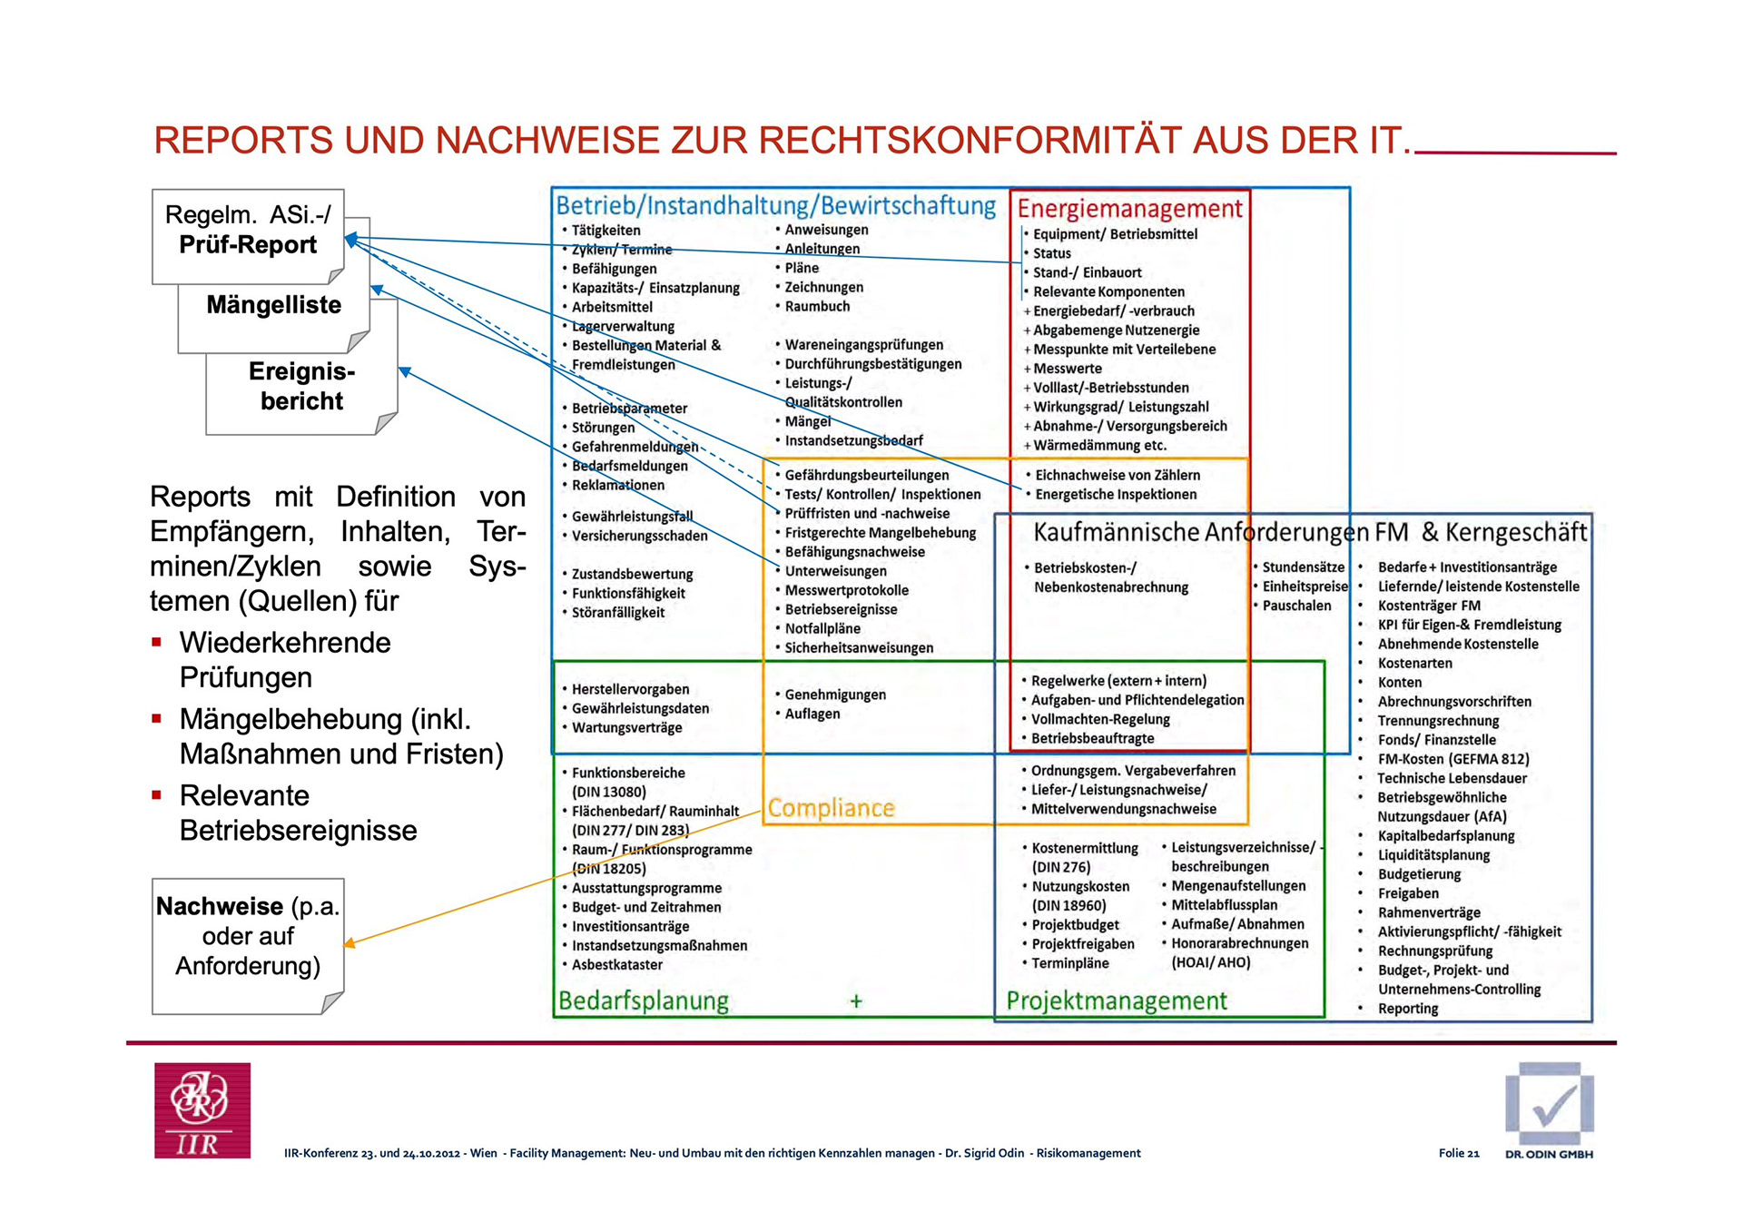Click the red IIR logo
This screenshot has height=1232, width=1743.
202,1109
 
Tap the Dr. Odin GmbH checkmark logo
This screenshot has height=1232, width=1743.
1549,1104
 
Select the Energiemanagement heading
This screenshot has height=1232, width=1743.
1128,209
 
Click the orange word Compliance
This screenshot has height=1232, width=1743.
831,808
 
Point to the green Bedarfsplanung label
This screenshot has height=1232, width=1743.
643,1000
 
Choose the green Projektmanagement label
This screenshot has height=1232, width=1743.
1116,1000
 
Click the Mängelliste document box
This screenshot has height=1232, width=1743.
273,306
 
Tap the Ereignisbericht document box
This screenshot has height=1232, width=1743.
301,387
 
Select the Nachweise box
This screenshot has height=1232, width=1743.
247,937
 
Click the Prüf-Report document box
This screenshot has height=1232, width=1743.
247,231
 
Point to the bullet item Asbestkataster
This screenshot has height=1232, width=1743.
616,965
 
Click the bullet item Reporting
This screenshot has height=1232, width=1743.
1407,1009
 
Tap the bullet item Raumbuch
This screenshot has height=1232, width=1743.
817,307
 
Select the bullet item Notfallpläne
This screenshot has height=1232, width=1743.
822,628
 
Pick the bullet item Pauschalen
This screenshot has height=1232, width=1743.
1296,606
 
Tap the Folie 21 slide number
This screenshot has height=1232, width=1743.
1458,1153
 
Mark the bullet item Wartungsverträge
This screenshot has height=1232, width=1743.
626,728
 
